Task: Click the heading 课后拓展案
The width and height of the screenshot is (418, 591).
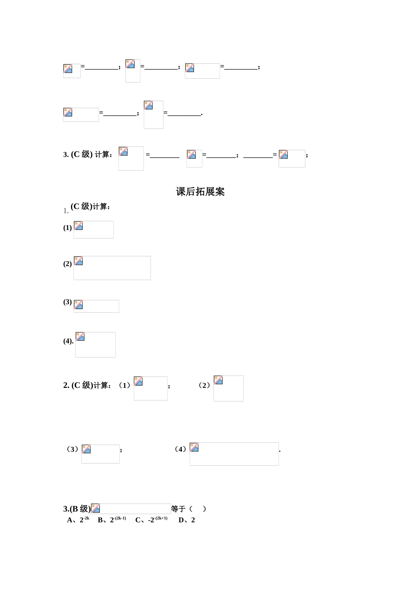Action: (200, 192)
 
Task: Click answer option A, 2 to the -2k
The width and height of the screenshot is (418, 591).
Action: (78, 520)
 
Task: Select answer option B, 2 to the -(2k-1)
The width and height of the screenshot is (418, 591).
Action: (112, 520)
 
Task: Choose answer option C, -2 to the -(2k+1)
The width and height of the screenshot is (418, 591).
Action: (151, 520)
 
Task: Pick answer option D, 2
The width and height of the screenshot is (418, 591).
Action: (187, 520)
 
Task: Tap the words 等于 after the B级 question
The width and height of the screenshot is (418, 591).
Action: (178, 509)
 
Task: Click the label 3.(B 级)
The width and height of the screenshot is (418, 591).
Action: (77, 509)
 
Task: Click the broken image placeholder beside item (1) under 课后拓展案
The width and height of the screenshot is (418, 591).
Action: (93, 230)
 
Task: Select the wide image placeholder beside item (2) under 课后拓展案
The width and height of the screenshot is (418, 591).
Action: (112, 268)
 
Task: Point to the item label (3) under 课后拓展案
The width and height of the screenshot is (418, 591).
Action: (67, 302)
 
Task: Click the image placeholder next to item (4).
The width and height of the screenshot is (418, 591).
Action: (95, 344)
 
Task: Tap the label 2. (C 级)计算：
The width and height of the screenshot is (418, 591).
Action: (87, 385)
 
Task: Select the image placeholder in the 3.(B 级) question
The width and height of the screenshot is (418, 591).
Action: (131, 509)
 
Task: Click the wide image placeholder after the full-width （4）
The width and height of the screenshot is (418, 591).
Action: (234, 454)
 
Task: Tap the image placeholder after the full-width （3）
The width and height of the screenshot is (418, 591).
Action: (100, 454)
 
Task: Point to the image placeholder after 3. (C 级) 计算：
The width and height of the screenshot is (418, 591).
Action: (131, 158)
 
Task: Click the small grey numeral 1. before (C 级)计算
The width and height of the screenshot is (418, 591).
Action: (66, 211)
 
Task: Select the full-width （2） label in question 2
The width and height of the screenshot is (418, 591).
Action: (204, 385)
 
